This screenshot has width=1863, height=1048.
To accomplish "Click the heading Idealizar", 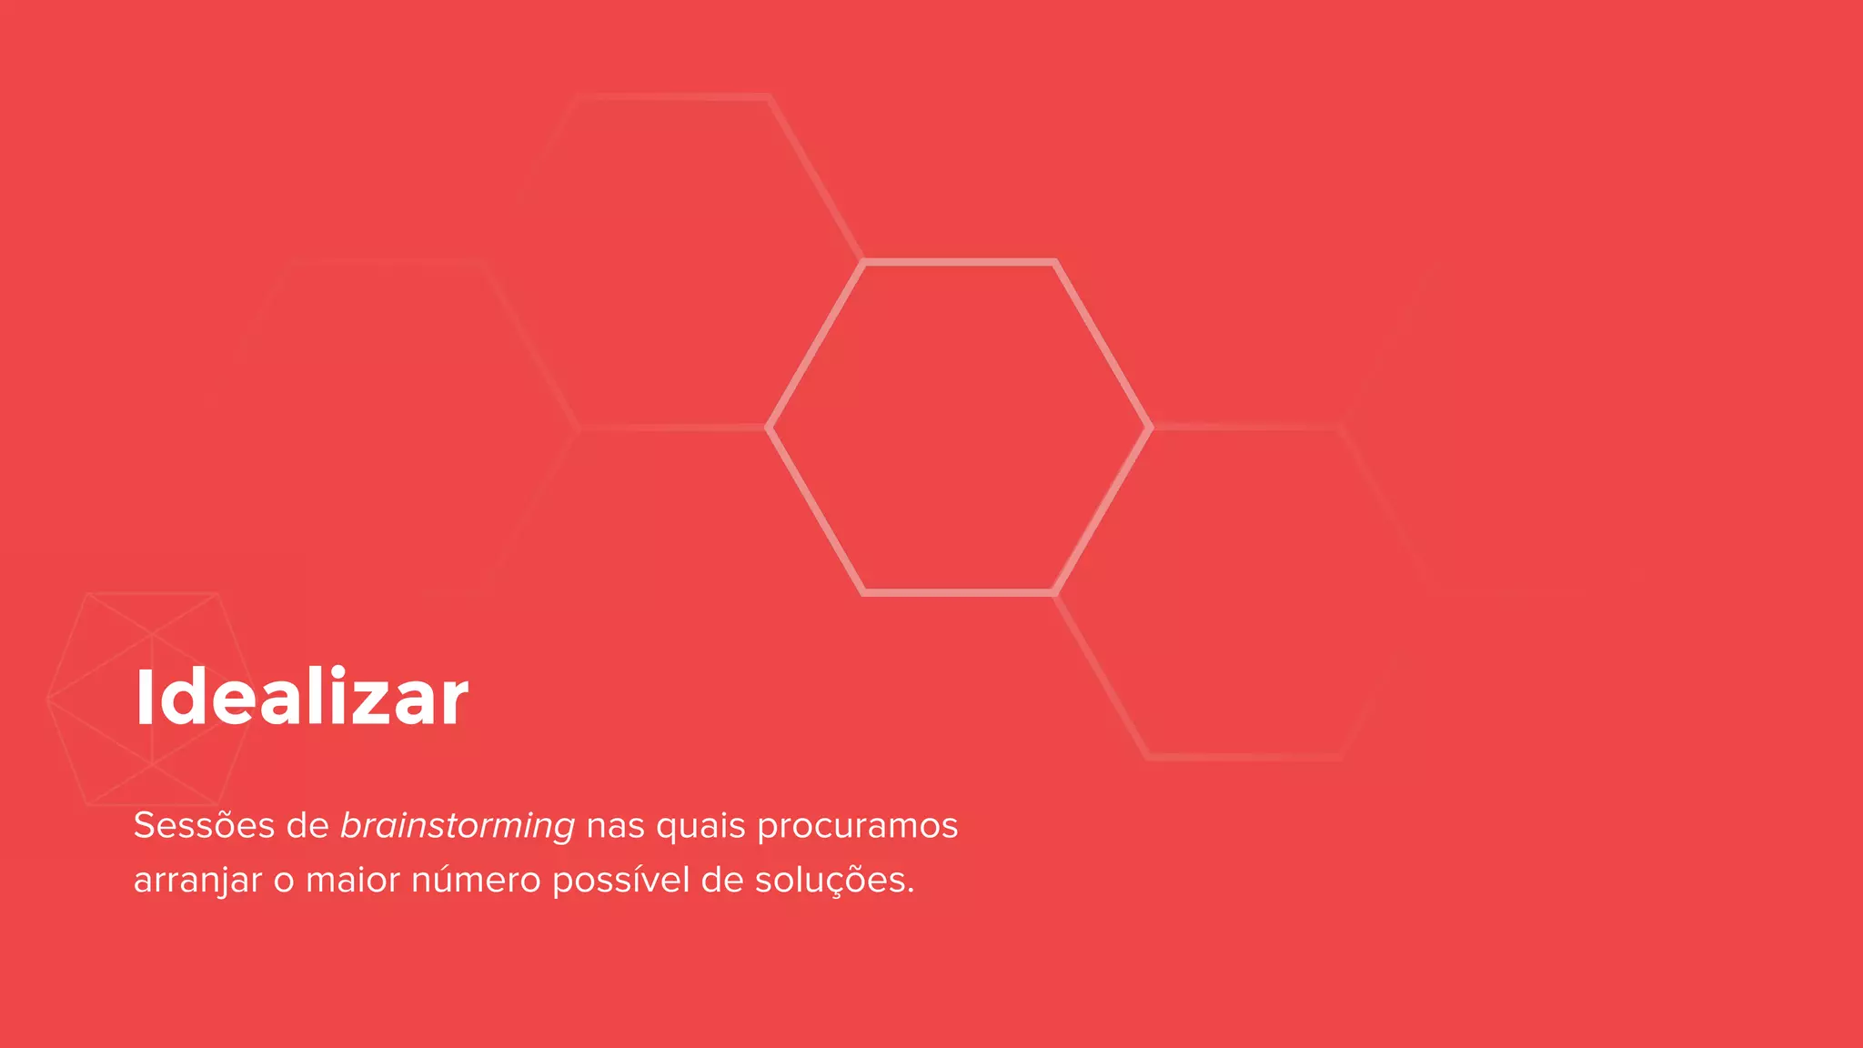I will click(x=301, y=698).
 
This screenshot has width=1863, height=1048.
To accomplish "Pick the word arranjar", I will click(x=197, y=882).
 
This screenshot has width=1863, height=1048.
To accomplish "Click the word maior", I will click(x=353, y=881).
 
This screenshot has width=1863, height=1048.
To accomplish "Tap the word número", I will click(x=476, y=880).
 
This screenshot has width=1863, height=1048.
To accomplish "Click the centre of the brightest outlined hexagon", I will click(x=959, y=428).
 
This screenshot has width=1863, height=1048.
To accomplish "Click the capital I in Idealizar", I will click(x=144, y=698).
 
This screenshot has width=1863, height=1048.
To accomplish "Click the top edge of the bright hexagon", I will click(x=959, y=263).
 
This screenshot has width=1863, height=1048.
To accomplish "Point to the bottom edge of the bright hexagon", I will click(x=959, y=593).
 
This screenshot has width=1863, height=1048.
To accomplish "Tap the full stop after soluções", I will click(x=911, y=892).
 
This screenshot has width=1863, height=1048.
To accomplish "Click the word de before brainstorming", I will click(x=307, y=826).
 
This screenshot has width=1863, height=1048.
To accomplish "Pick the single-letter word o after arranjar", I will click(x=284, y=882).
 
